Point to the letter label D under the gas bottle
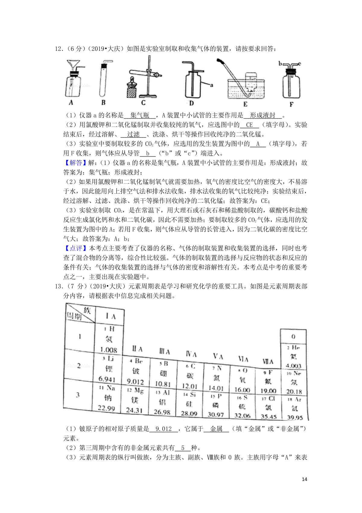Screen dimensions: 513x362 pos(192,103)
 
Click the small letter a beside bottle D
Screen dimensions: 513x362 pos(211,85)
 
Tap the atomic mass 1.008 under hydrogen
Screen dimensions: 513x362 pos(109,350)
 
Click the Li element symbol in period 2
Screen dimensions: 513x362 pos(110,359)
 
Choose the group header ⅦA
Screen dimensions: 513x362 pos(268,361)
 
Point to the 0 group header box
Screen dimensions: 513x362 pos(293,336)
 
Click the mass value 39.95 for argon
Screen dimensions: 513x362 pos(295,418)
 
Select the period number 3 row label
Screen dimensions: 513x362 pos(78,395)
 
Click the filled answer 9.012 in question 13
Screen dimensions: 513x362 pos(163,429)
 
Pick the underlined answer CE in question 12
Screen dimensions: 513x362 pos(249,125)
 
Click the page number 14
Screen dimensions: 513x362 pos(304,479)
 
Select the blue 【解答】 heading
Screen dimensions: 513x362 pos(74,163)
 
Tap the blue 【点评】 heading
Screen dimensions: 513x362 pos(74,248)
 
